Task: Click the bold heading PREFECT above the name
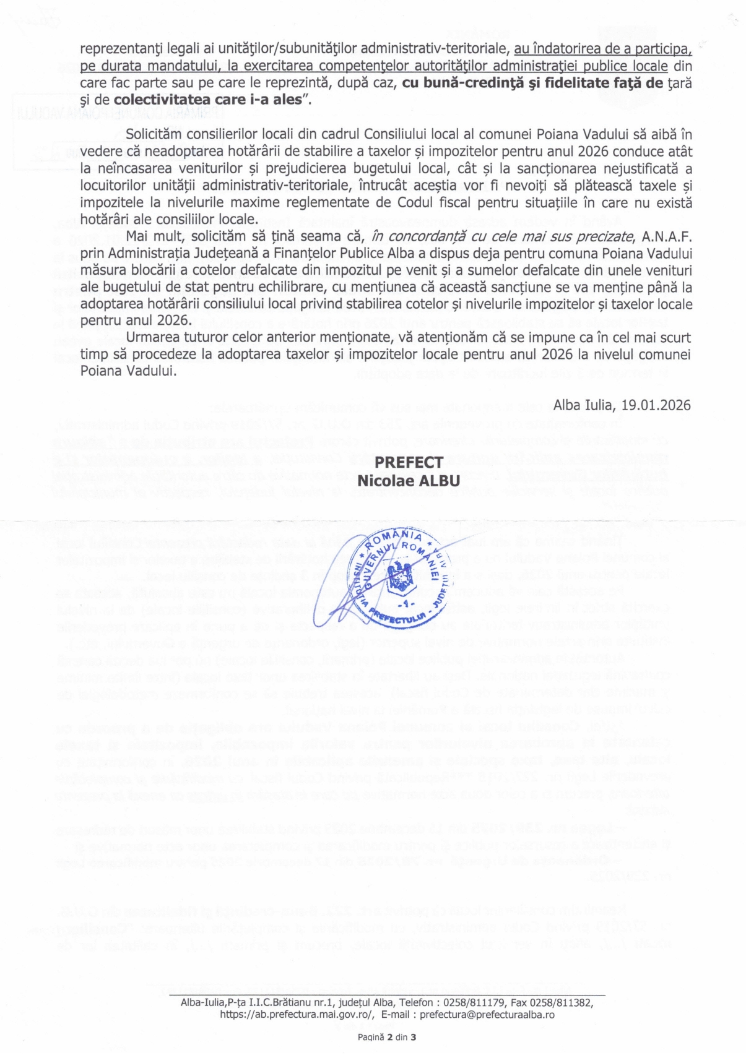click(409, 462)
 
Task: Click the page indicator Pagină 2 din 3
click(386, 1038)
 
